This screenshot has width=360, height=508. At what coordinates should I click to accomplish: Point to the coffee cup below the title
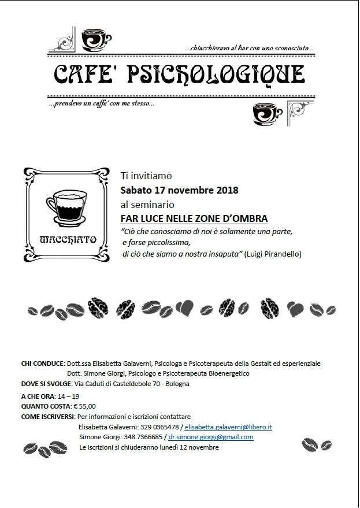point(265,114)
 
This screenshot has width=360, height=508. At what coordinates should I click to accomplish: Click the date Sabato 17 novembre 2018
point(179,190)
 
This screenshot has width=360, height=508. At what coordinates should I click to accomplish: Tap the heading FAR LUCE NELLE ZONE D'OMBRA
point(194,218)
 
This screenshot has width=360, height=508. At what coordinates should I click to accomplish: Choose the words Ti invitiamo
point(146,175)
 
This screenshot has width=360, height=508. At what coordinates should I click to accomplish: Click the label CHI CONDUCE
point(42,364)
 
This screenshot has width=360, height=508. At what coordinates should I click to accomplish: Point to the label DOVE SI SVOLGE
point(44,384)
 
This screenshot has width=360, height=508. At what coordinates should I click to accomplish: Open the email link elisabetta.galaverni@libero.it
point(228,427)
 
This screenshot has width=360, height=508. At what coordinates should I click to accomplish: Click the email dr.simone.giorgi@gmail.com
point(210,437)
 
